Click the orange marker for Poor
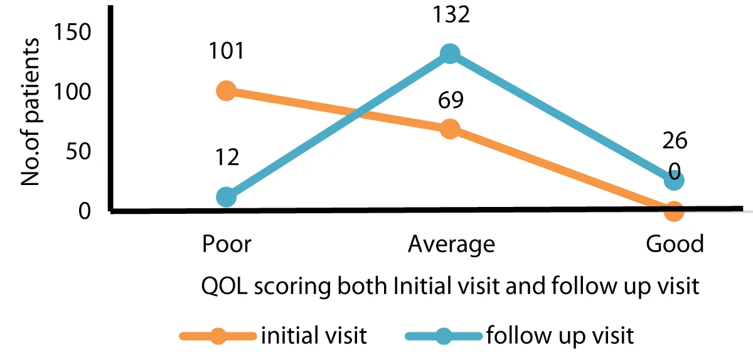[x=226, y=91]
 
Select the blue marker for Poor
[x=226, y=197]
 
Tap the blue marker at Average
[x=449, y=54]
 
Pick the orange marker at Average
[x=449, y=129]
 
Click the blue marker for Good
[x=673, y=181]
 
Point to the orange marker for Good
[x=673, y=211]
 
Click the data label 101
[x=226, y=50]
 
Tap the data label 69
[x=449, y=100]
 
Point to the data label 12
[x=226, y=157]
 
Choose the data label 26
[x=674, y=141]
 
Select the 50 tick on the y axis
[x=80, y=151]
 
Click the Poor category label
[x=227, y=244]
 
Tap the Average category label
[x=451, y=244]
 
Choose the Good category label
[x=675, y=244]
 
